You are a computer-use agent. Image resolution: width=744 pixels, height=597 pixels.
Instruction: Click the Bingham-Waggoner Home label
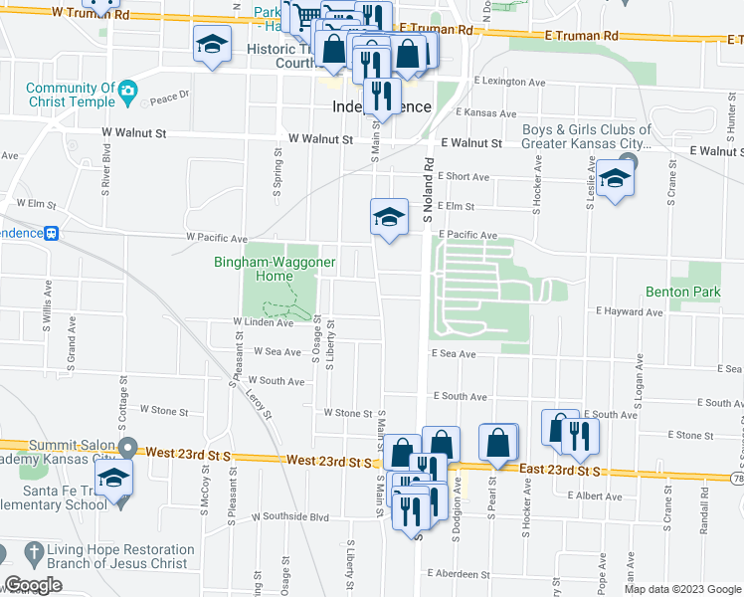[276, 269]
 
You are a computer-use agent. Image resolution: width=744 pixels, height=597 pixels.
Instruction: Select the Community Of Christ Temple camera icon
[127, 94]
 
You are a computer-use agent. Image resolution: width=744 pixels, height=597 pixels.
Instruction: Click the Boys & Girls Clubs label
[587, 136]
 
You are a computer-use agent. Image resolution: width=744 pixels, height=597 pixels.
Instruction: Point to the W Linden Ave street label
[263, 322]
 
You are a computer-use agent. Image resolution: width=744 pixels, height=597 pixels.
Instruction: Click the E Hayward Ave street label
[630, 311]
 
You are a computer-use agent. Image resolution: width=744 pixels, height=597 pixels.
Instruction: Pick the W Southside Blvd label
[290, 516]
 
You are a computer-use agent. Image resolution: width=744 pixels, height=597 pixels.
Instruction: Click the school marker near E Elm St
[389, 217]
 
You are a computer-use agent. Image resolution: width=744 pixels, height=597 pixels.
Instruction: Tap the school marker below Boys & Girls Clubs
[615, 180]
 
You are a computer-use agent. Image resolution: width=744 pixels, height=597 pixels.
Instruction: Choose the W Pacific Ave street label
[217, 239]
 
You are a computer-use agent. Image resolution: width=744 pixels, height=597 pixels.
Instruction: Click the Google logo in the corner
[33, 585]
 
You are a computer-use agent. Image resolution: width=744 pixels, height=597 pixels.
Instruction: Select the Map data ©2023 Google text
[681, 589]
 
